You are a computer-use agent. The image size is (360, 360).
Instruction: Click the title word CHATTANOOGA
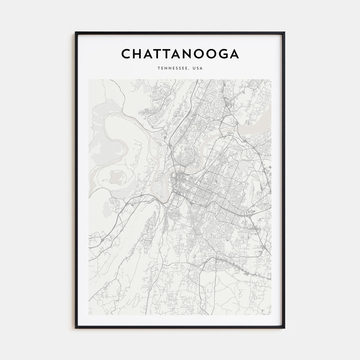coord(180,54)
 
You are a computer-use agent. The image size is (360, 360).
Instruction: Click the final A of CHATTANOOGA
coord(234,54)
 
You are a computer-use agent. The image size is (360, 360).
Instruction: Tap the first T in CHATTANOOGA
coord(158,54)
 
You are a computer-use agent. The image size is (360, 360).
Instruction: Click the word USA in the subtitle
coord(198,68)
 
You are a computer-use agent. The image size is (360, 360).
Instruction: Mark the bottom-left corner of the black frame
coord(76,328)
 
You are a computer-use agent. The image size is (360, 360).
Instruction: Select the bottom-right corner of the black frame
coord(284,328)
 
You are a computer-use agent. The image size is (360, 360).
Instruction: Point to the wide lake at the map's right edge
coord(256,130)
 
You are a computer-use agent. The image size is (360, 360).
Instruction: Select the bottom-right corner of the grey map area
coord(271,314)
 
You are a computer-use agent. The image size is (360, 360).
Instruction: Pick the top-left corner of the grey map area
coord(89,79)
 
